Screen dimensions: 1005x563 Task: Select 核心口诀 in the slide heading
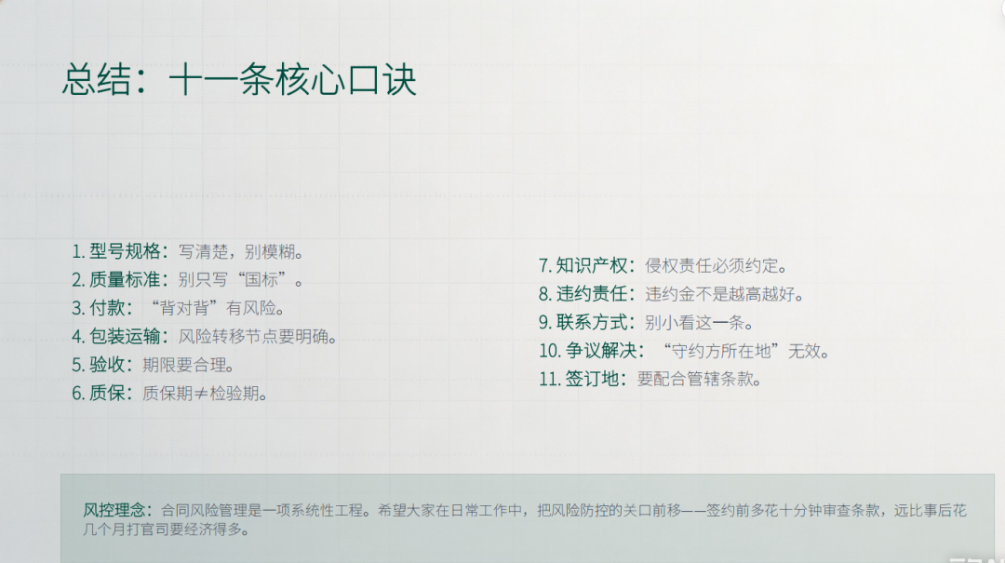click(346, 81)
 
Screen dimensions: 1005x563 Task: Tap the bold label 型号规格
click(125, 251)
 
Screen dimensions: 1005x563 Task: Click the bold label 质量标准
click(125, 279)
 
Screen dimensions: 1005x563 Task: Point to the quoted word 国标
click(261, 279)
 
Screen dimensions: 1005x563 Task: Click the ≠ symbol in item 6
click(201, 393)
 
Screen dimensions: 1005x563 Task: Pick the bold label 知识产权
click(592, 265)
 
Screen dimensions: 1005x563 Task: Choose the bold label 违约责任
click(592, 294)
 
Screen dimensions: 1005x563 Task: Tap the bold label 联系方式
click(592, 322)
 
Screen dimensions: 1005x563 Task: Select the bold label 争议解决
click(601, 350)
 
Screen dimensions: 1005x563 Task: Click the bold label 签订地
click(592, 379)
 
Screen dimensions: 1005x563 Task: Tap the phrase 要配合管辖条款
click(695, 379)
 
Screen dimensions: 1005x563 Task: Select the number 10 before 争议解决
click(550, 351)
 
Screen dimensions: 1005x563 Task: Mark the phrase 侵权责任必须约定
click(712, 265)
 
